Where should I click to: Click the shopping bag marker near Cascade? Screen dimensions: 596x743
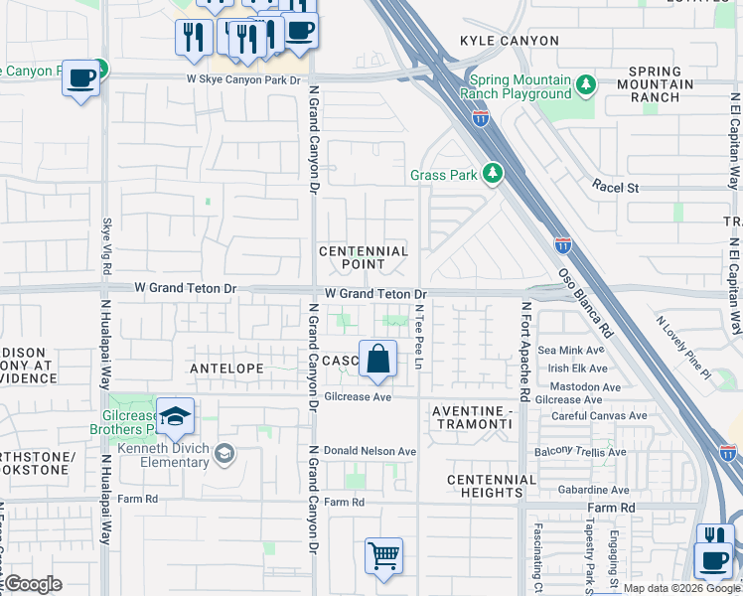(378, 359)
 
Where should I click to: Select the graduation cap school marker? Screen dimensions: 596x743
(175, 417)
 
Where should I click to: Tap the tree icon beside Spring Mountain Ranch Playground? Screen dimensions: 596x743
(586, 86)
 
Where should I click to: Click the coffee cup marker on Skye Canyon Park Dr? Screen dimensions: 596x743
(80, 76)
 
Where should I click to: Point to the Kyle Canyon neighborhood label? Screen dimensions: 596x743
(502, 41)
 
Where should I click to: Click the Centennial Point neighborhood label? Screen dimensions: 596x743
(364, 258)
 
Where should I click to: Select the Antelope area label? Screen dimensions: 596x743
(227, 369)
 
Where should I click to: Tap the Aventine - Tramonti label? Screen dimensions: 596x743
(472, 417)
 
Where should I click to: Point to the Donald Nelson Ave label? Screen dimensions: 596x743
(370, 451)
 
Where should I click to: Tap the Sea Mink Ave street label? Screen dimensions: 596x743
(570, 351)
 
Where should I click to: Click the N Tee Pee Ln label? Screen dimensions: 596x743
(419, 338)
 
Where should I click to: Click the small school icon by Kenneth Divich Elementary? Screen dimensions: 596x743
(225, 454)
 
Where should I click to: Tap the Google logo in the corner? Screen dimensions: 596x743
(33, 584)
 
